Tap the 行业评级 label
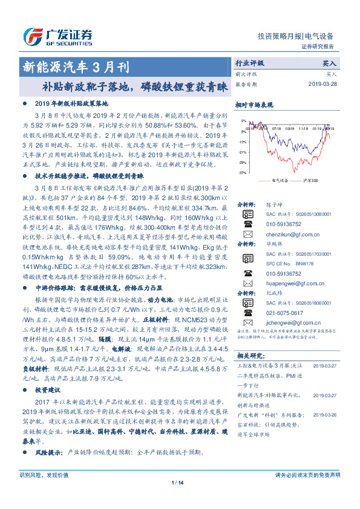(x=249, y=63)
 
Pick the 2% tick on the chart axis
(x=243, y=121)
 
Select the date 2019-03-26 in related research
(x=326, y=415)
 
